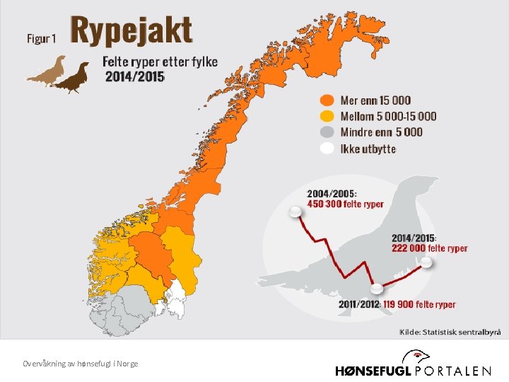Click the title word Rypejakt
pos(131,32)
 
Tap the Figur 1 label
pos(41,38)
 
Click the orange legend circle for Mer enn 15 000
pos(327,100)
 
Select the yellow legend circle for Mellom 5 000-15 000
pos(327,117)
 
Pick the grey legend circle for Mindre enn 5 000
pos(327,132)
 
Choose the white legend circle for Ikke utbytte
pos(327,149)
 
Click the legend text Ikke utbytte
pos(368,149)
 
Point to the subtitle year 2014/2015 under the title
pos(134,76)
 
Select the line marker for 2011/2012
pos(378,289)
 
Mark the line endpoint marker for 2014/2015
pos(426,262)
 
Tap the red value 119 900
pos(400,304)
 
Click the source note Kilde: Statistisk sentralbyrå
pos(450,331)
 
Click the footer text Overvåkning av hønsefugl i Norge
pos(80,363)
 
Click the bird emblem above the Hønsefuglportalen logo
pos(422,355)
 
